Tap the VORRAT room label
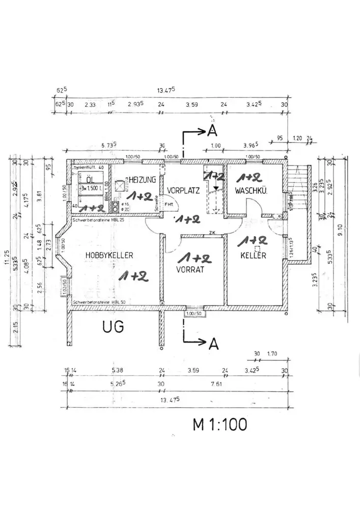[x=190, y=270]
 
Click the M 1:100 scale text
[x=219, y=423]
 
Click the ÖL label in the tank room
[x=90, y=180]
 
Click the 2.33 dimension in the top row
[x=90, y=104]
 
